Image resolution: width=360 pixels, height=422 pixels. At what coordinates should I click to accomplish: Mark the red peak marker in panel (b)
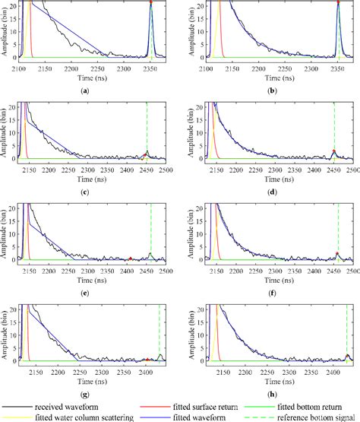pyautogui.click(x=337, y=3)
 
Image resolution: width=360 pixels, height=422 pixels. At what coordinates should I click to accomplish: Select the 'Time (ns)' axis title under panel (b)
pyautogui.click(x=272, y=78)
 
